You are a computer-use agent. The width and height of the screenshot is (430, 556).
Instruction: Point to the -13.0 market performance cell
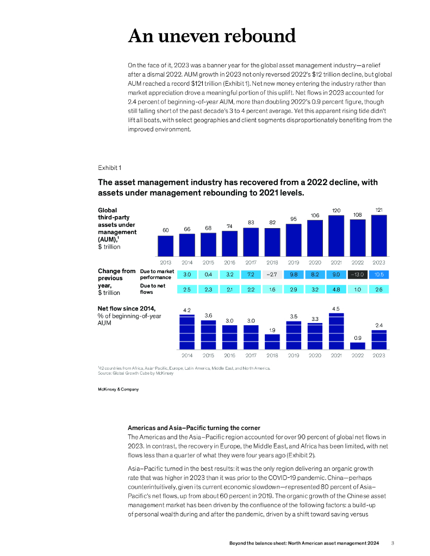point(357,274)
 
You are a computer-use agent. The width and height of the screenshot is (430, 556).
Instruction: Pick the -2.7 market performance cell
point(272,274)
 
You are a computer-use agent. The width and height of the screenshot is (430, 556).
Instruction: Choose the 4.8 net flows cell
point(336,289)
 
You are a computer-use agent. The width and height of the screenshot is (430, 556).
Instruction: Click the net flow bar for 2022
point(357,345)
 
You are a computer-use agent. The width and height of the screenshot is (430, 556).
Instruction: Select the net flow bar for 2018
point(272,341)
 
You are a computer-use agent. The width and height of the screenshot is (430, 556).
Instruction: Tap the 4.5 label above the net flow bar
point(336,309)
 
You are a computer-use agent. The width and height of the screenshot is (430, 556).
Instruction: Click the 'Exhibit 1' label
point(109,167)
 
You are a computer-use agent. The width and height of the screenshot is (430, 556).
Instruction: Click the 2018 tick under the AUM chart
point(272,262)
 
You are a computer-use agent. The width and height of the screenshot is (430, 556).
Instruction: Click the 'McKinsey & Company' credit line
point(119,389)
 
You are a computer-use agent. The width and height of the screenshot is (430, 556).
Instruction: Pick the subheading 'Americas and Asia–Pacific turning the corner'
point(194,428)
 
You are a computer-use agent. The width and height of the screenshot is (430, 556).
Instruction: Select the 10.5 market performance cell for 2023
point(379,274)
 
